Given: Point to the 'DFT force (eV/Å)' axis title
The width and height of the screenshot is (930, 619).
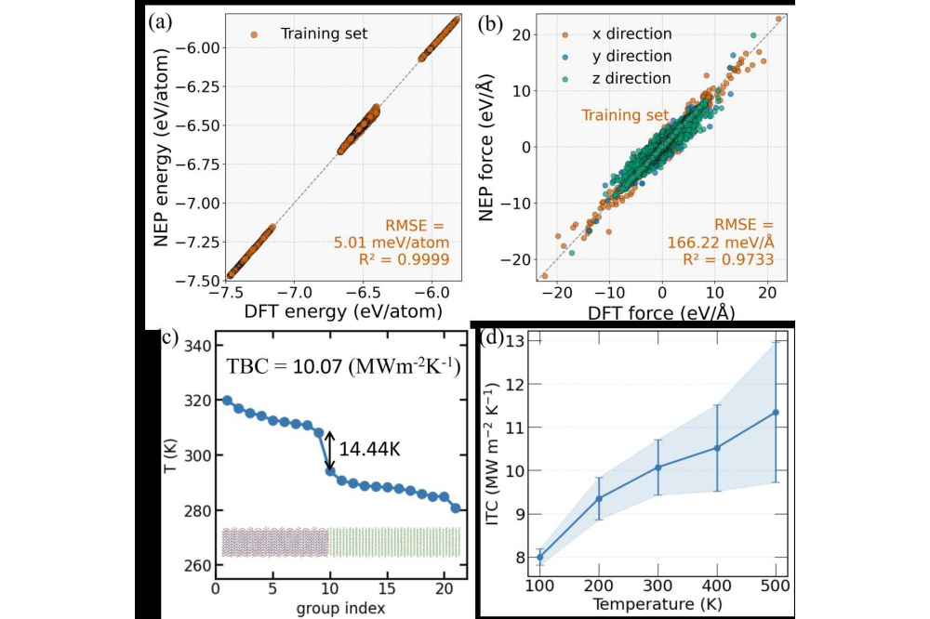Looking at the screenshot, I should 661,313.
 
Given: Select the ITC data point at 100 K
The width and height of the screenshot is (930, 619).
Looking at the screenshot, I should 539,557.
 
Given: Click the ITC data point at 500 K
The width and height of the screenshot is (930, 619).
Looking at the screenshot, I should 776,412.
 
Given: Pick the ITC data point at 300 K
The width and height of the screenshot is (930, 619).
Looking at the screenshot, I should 658,467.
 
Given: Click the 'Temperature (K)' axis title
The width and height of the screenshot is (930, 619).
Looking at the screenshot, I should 657,604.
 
